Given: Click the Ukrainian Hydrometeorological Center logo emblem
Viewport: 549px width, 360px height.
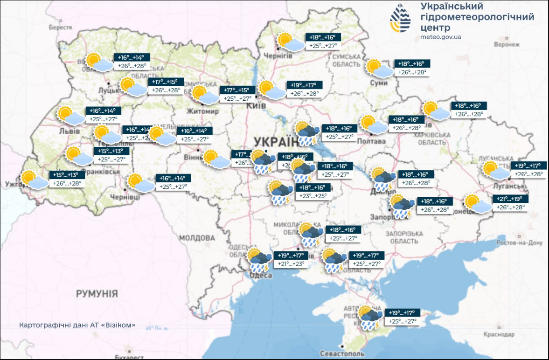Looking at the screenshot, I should click(401, 19).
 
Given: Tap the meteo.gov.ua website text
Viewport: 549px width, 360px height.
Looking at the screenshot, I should click(441, 37).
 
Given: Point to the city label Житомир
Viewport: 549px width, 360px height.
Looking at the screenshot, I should click(202, 112).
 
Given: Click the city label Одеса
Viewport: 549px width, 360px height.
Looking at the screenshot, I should click(261, 276).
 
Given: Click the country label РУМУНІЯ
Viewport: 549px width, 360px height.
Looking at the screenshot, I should click(97, 294).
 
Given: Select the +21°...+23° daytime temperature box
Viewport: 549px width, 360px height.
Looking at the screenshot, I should click(291, 264).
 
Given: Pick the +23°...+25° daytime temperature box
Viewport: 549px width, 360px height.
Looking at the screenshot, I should click(314, 196).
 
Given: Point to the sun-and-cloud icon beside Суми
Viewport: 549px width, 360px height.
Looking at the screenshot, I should click(379, 68).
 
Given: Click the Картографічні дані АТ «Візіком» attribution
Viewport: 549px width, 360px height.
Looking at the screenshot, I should click(77, 325).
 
